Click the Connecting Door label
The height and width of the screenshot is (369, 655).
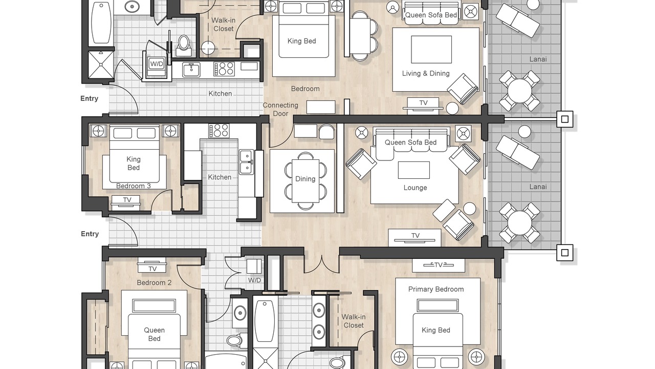(x=280, y=109)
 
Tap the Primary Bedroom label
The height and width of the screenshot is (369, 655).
(x=435, y=290)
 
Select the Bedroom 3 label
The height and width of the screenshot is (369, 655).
(x=134, y=186)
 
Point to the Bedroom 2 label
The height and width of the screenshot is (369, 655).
(x=154, y=282)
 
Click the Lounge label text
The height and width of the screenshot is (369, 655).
(x=415, y=188)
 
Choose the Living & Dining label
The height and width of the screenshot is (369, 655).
(x=426, y=73)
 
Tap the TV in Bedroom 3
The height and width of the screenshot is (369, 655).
(x=126, y=202)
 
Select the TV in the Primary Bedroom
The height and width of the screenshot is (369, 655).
(x=439, y=265)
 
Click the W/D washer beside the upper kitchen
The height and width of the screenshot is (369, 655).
(x=157, y=64)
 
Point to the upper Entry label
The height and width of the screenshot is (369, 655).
(x=89, y=98)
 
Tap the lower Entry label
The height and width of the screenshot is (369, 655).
(x=90, y=234)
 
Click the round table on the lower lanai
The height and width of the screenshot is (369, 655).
(x=519, y=223)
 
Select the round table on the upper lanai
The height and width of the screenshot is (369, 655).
(x=519, y=91)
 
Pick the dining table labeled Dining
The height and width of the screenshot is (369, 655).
(x=305, y=181)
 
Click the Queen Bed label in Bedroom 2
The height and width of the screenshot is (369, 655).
(x=154, y=334)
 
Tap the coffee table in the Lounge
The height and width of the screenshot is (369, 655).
(x=414, y=170)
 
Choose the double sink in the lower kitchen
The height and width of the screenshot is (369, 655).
(x=247, y=162)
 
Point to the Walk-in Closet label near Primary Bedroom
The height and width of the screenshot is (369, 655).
(x=354, y=321)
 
